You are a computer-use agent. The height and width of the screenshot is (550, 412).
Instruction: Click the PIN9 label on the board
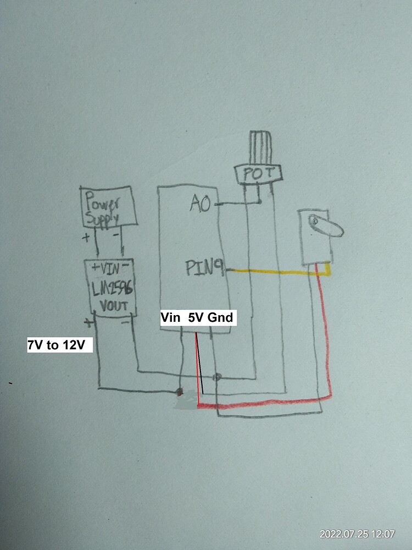coord(204,269)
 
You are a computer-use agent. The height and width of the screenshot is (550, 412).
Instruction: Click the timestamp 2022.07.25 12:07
coord(357,533)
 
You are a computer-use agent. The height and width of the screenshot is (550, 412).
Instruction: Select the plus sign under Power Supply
coord(86,238)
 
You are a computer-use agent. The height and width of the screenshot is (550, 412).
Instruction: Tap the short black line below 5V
coord(201,374)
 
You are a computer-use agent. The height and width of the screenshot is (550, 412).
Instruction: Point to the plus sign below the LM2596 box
coord(86,322)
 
